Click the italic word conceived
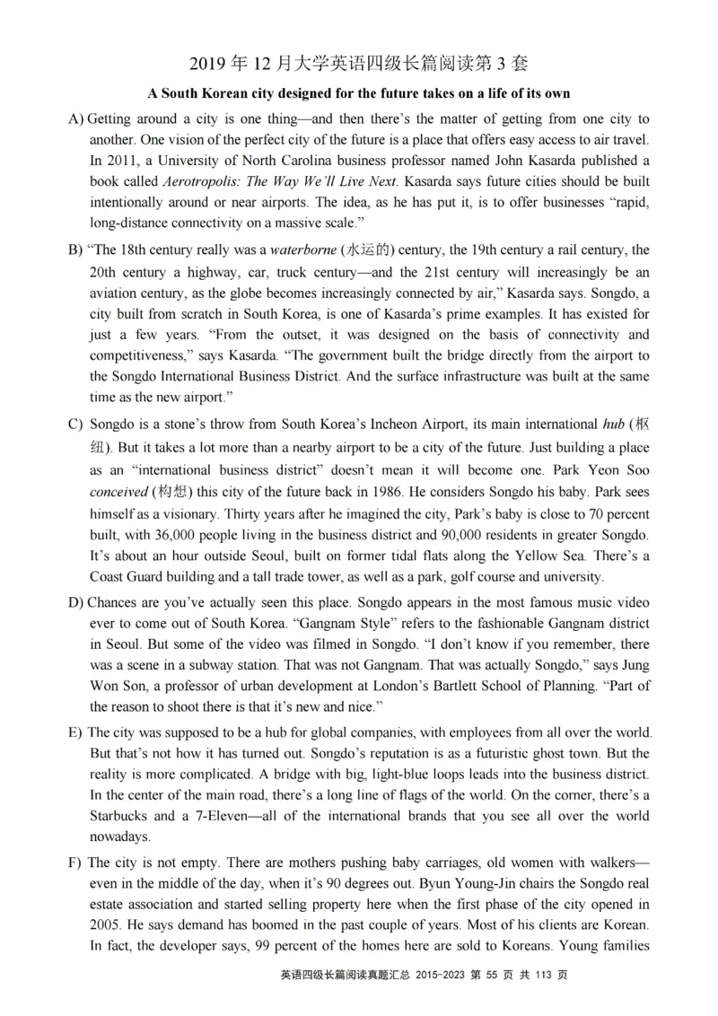[118, 491]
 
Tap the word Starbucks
[122, 817]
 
